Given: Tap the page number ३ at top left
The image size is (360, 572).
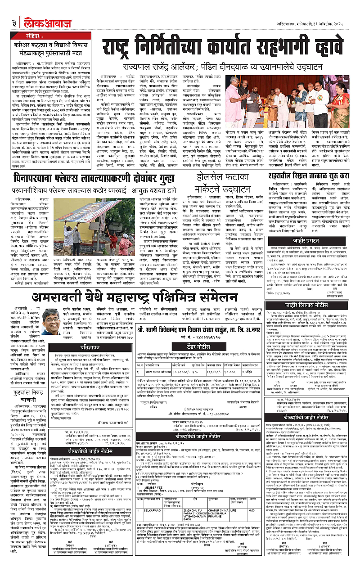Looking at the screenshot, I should (x=15, y=11).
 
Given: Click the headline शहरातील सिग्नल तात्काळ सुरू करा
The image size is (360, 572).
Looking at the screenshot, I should (x=311, y=174).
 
